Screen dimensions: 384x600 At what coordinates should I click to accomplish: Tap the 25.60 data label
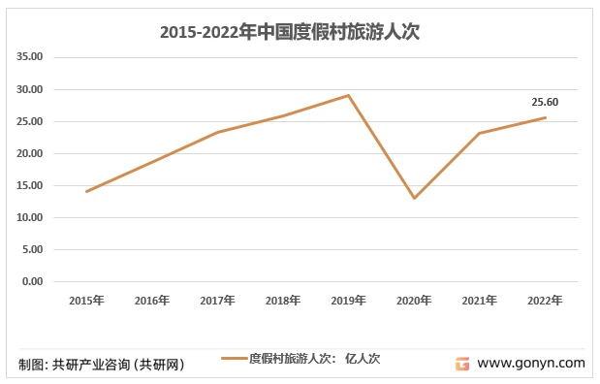545,102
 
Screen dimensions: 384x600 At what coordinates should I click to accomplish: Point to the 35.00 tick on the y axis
31,57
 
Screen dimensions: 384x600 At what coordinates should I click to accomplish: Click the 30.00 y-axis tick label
31,89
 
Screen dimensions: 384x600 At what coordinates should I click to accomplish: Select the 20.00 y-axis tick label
31,153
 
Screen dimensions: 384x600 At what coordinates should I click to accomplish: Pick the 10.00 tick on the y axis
31,217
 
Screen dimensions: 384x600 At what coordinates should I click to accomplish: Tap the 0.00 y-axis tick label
33,281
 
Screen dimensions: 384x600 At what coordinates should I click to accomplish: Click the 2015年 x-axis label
86,301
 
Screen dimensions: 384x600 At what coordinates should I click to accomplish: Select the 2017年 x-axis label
218,301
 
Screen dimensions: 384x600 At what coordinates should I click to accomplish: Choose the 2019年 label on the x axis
349,301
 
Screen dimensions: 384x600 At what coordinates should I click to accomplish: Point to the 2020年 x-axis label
414,301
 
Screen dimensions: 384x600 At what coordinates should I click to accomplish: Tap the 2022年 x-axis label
545,301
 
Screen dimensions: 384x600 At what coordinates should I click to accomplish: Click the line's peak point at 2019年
349,95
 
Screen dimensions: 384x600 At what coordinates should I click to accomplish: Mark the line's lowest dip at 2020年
414,198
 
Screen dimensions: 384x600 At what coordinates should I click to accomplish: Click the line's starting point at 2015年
86,191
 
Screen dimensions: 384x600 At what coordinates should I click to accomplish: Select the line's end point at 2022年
545,117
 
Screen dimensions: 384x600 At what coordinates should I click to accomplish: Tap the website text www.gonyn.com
532,364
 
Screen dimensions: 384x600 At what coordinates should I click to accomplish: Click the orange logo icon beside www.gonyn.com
462,364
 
